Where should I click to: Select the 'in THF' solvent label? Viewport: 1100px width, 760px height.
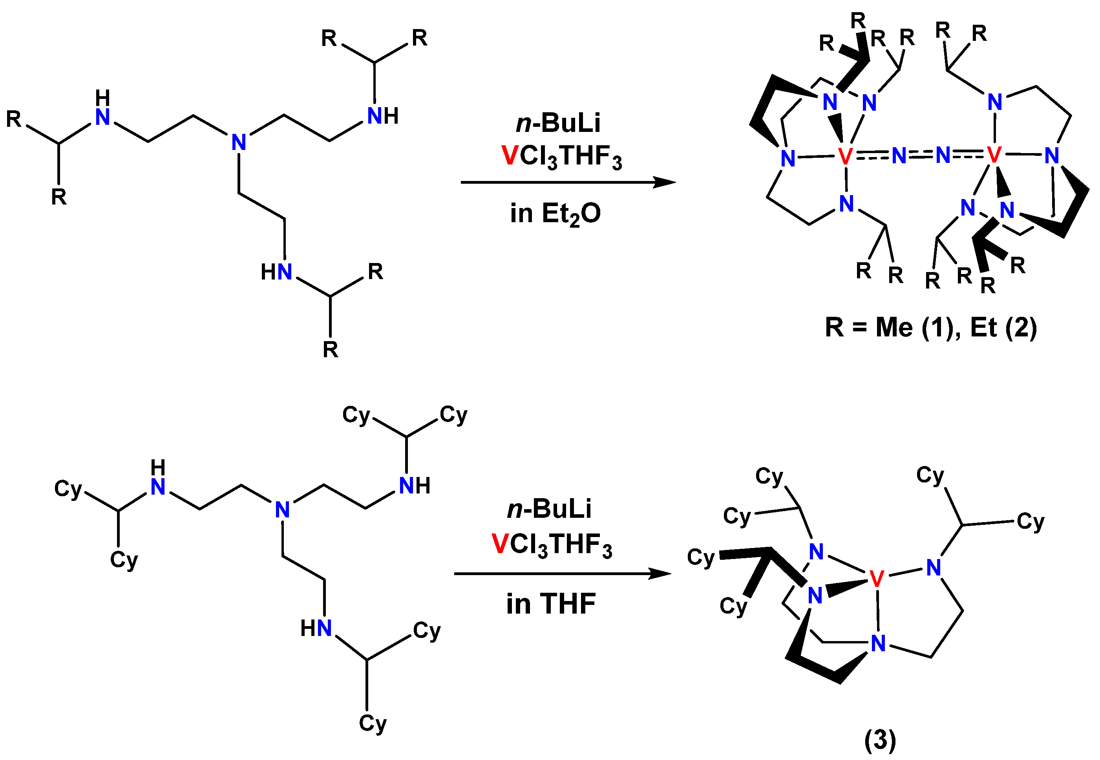tap(551, 604)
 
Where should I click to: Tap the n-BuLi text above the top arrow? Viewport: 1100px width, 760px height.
tap(558, 123)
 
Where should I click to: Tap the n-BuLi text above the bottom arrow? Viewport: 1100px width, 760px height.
tap(549, 509)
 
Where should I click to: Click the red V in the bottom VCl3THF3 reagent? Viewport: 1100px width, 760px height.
tap(499, 544)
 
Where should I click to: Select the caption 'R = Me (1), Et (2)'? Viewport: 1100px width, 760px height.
tap(930, 328)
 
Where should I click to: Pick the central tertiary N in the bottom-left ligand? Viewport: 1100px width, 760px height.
tap(282, 510)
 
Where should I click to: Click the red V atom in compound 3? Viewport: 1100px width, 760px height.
tap(877, 579)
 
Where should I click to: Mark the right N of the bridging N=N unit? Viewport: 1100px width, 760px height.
tap(943, 155)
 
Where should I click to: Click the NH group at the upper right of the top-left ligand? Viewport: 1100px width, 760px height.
tap(383, 116)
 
